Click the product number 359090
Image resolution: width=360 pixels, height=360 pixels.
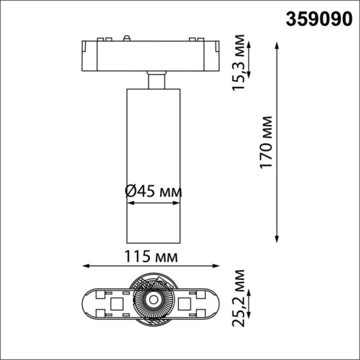(x=319, y=18)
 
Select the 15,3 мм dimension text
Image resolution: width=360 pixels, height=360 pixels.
(x=241, y=63)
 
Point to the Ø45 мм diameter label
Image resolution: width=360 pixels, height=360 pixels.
(x=153, y=191)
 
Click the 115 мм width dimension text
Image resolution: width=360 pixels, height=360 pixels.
(x=151, y=256)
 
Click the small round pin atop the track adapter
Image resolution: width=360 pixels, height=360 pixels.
(x=128, y=38)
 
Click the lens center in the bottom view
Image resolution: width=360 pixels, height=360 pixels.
(x=152, y=299)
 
